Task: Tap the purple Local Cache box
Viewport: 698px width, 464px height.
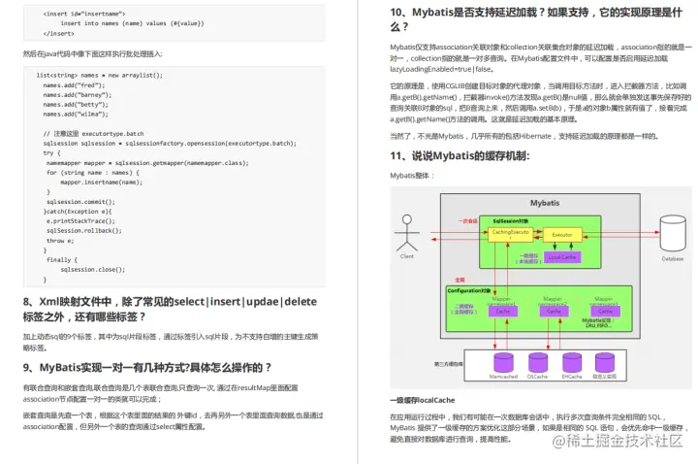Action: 562,257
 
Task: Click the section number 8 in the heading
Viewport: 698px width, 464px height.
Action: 27,302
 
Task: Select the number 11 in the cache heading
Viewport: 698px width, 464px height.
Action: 397,155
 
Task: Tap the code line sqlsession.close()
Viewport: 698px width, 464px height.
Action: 92,269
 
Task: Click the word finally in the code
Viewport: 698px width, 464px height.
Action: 60,259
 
